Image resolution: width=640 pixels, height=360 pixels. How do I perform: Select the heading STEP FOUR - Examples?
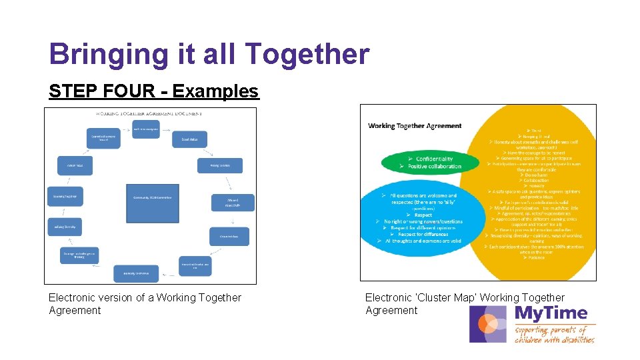point(153,91)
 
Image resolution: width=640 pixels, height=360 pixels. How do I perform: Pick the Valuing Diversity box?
point(65,227)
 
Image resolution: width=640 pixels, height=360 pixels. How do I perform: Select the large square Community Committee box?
point(152,203)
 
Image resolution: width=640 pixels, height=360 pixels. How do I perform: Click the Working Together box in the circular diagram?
point(65,196)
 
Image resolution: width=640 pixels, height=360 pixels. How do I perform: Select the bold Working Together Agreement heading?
point(415,125)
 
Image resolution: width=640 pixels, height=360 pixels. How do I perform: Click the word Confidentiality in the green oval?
point(434,159)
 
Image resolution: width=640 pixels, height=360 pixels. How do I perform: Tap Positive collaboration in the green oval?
point(434,166)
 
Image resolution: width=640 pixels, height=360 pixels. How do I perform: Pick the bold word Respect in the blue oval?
point(423,215)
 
